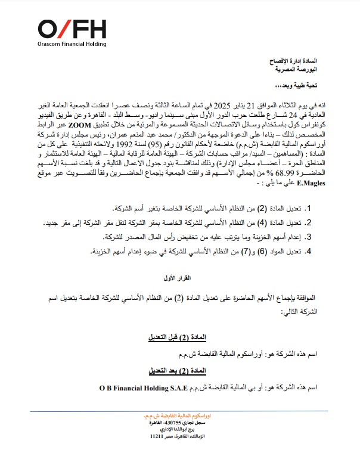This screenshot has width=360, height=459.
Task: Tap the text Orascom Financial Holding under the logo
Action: (72, 45)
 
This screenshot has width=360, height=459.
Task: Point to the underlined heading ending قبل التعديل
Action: (179, 337)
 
